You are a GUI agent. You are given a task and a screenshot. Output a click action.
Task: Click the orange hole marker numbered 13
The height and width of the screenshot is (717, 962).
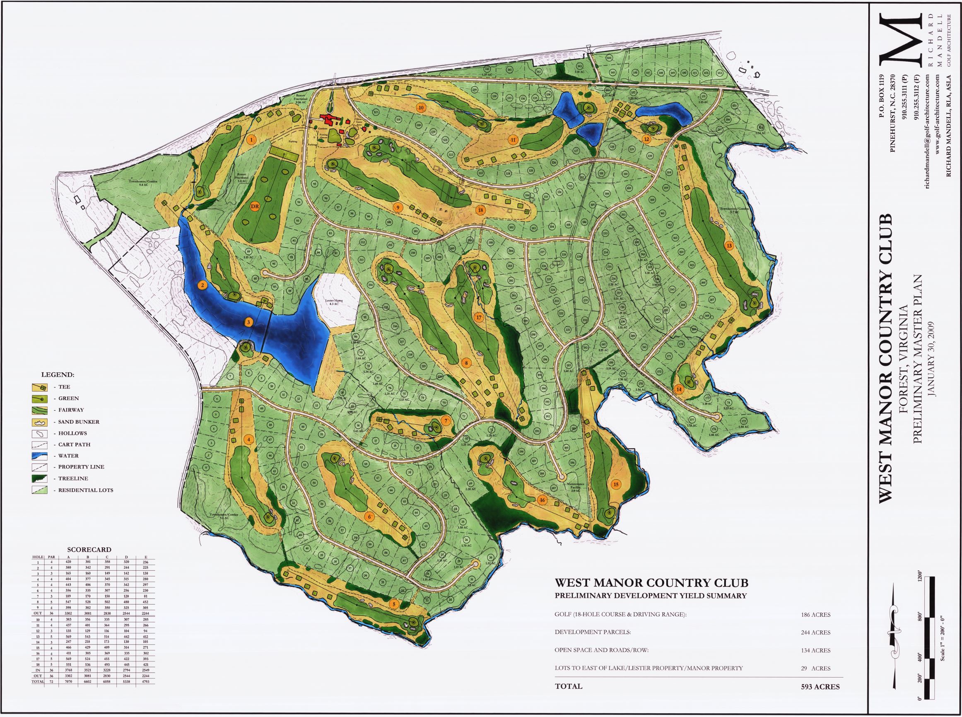tap(729, 246)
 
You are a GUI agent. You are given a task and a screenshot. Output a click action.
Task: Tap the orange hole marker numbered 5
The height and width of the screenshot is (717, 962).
tap(393, 604)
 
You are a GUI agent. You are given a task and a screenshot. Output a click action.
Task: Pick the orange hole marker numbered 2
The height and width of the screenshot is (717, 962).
tap(201, 285)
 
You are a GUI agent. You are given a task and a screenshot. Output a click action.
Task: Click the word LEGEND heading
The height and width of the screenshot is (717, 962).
tap(58, 374)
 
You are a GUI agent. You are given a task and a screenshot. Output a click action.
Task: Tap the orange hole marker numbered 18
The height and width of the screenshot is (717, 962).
tap(480, 210)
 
